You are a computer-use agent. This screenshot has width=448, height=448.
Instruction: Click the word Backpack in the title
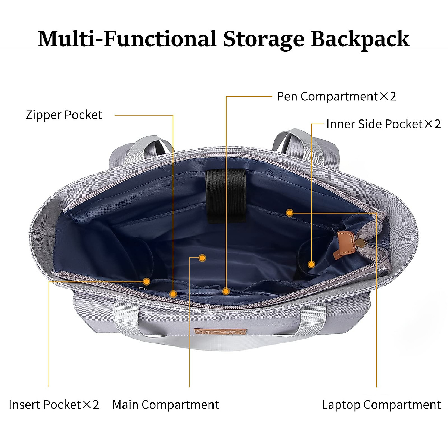(360, 39)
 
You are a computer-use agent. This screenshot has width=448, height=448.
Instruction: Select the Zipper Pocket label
(64, 115)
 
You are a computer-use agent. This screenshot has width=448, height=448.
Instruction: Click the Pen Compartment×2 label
(336, 96)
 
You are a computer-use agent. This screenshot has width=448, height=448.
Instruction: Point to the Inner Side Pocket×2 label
(383, 124)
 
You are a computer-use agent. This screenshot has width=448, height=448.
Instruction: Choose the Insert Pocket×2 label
(54, 405)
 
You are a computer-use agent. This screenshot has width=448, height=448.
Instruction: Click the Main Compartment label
(165, 405)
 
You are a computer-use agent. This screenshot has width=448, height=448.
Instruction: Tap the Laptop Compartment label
(381, 405)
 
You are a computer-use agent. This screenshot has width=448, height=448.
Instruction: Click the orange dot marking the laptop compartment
(289, 213)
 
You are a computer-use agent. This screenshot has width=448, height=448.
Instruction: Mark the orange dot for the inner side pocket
(311, 264)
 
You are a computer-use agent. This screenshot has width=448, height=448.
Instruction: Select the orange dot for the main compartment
(202, 258)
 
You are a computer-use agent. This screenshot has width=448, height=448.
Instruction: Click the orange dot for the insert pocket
(147, 281)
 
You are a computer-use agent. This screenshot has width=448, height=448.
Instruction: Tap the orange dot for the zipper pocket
(173, 294)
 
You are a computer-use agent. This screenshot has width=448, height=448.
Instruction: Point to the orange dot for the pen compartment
(225, 291)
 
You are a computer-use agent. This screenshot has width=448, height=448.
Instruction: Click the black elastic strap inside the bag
(225, 196)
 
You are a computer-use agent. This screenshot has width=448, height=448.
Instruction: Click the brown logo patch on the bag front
(220, 332)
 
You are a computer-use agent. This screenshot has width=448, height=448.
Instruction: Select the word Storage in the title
(264, 39)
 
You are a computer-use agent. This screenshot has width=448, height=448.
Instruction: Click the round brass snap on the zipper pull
(361, 243)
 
